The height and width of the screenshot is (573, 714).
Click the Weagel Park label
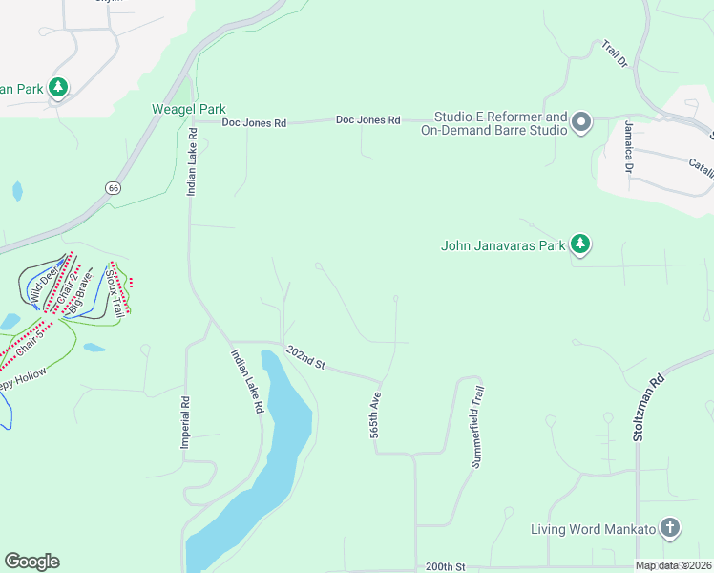188,110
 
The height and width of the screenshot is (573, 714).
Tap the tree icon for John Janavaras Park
580,245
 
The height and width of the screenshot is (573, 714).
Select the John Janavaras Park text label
503,245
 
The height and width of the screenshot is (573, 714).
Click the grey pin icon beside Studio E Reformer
581,121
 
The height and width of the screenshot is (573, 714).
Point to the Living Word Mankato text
593,529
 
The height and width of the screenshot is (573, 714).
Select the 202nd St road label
306,360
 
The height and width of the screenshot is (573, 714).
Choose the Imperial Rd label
185,423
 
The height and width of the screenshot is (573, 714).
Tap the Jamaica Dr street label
629,146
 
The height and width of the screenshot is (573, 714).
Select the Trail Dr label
615,53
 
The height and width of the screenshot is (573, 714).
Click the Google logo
31,562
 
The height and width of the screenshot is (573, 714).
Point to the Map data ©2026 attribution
673,565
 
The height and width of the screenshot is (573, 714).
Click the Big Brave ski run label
82,295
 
